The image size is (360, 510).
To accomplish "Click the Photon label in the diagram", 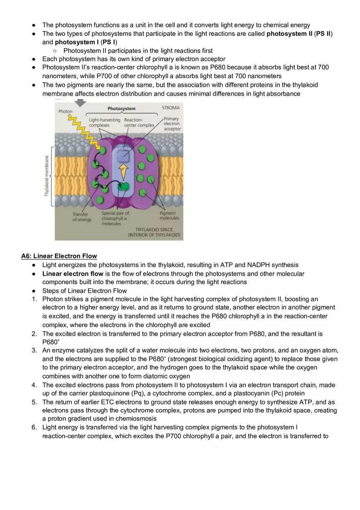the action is (x=65, y=111).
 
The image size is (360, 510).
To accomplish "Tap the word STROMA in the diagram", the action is (x=171, y=108).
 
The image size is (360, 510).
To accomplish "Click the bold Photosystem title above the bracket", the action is (x=122, y=109).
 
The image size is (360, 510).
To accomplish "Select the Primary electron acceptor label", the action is (x=172, y=124).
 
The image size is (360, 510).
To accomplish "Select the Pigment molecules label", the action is (x=169, y=216).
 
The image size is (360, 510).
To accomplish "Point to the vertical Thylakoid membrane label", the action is (x=47, y=176).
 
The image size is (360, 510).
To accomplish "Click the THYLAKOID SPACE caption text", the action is (x=154, y=230).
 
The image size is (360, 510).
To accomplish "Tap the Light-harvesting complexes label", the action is (x=104, y=123).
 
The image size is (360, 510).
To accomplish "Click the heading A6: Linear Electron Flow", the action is (x=59, y=256).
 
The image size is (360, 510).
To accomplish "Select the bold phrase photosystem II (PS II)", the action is (x=299, y=34).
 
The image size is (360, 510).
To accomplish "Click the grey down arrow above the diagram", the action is (x=81, y=103).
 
